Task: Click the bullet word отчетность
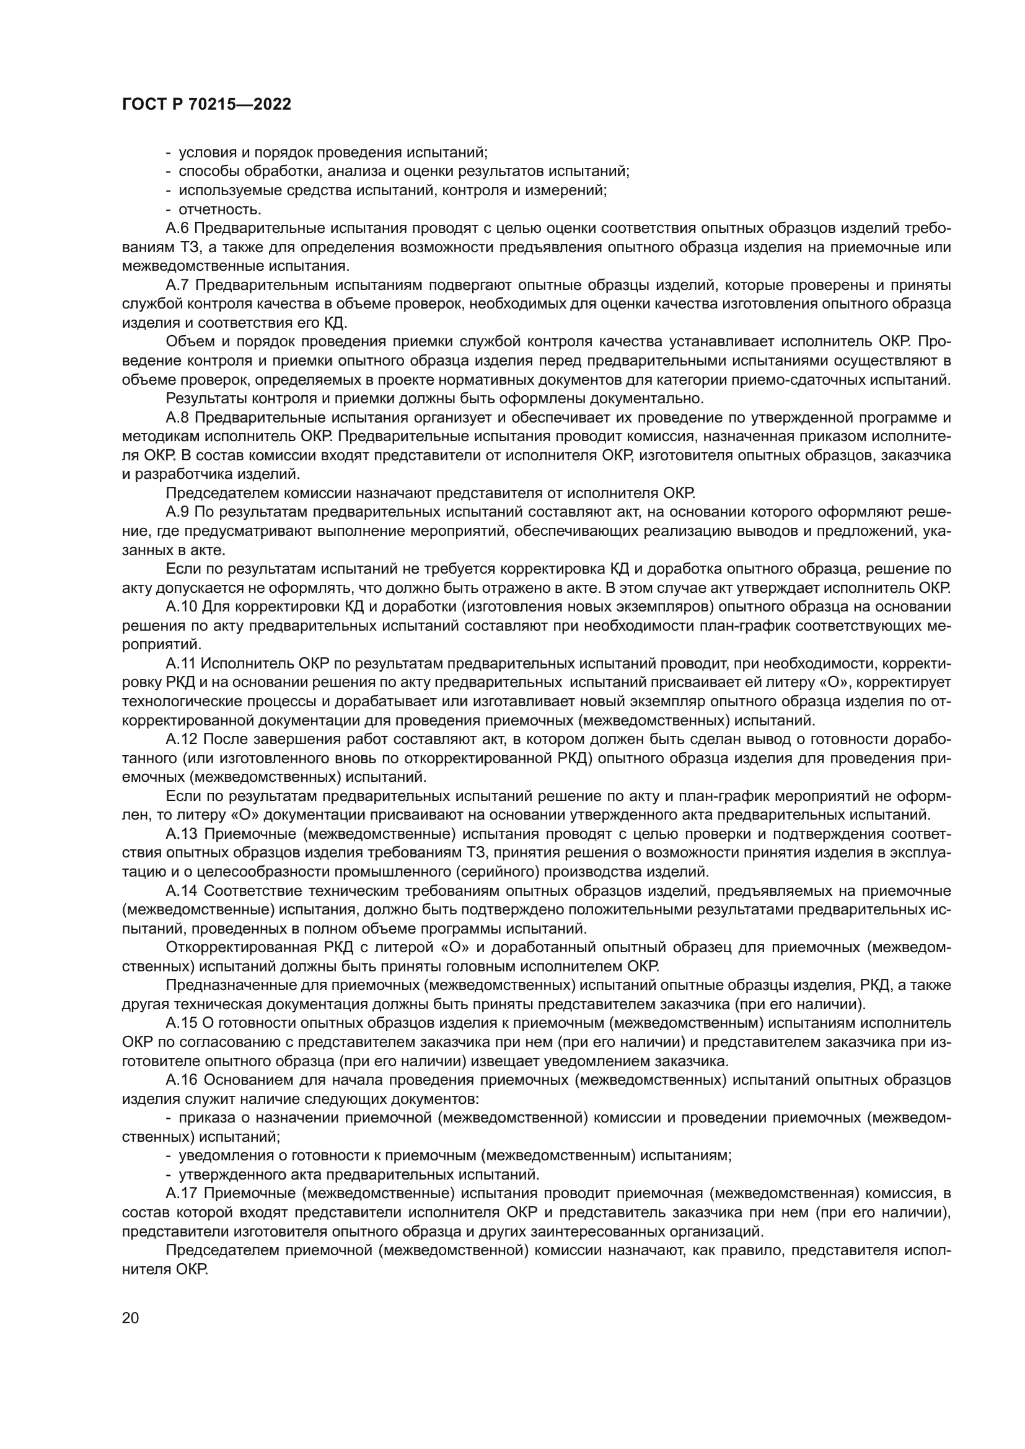coord(220,209)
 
